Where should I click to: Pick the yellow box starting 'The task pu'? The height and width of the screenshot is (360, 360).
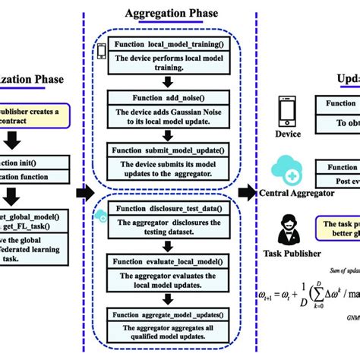click(x=339, y=227)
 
